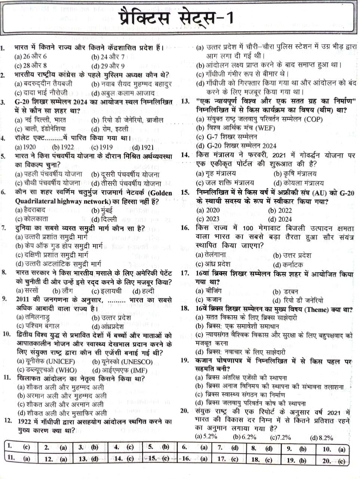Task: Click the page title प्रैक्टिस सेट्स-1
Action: (x=176, y=18)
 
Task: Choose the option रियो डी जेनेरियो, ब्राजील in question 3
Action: (x=127, y=120)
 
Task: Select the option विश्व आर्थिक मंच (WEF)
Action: (x=236, y=128)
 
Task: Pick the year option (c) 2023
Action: (x=208, y=219)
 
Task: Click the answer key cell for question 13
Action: (x=88, y=459)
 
